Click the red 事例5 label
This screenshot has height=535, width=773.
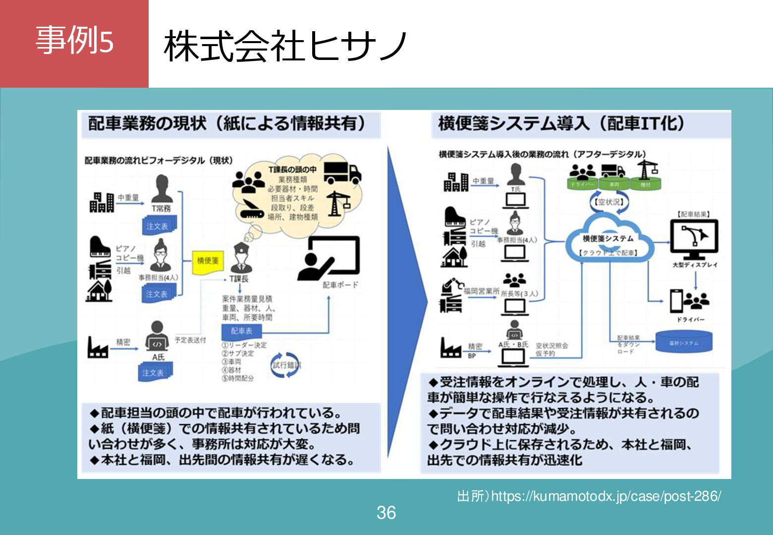74,41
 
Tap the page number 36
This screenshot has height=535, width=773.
386,513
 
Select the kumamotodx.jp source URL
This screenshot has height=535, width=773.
589,496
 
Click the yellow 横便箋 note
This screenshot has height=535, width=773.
208,261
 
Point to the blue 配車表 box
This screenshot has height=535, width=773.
241,331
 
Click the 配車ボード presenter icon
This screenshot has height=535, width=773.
328,259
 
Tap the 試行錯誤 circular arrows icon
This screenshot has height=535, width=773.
286,365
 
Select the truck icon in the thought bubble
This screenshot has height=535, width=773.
342,173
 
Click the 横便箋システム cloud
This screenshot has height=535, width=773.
608,239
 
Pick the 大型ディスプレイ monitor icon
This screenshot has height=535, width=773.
694,239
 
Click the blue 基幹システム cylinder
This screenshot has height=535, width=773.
684,342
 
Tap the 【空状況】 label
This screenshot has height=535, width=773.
609,202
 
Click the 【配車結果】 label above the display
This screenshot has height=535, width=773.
694,214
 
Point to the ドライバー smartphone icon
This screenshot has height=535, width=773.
677,300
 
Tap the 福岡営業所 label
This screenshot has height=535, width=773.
481,291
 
